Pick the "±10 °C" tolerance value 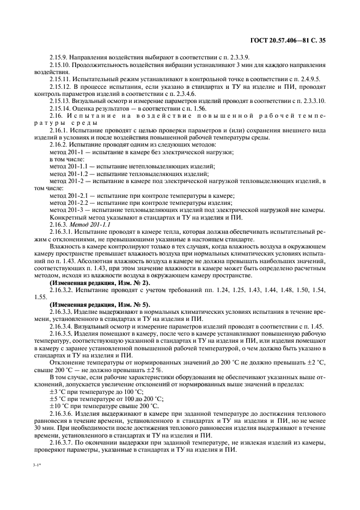pyautogui.click(x=59, y=405)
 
